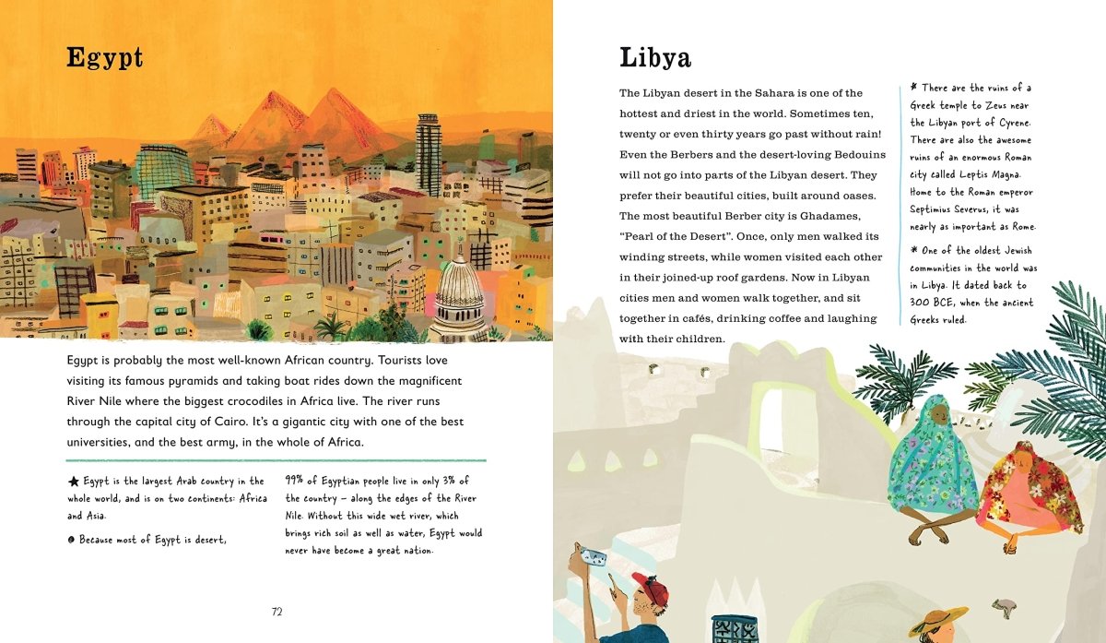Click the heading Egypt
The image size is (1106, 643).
[x=104, y=57]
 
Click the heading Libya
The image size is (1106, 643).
[x=654, y=57]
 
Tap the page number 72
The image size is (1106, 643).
[x=276, y=612]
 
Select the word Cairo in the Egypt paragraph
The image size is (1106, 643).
[x=218, y=422]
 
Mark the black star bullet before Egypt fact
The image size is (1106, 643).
[x=73, y=482]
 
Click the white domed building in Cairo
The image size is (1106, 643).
[x=458, y=295]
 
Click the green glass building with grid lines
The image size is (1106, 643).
[x=163, y=171]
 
